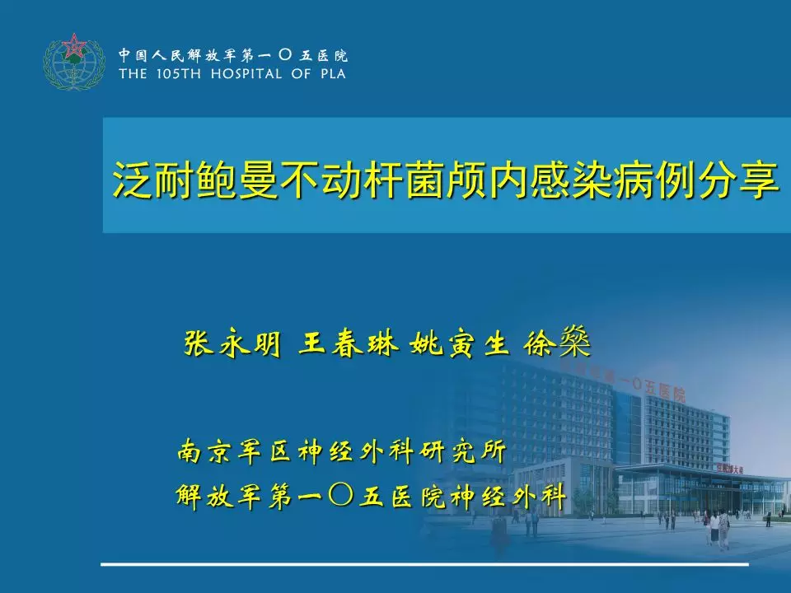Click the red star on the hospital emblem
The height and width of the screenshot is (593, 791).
(74, 46)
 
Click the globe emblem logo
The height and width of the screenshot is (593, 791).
(74, 62)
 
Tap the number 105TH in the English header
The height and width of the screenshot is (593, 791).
(179, 74)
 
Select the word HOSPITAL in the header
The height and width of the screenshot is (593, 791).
(246, 74)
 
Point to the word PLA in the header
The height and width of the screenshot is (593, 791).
(333, 74)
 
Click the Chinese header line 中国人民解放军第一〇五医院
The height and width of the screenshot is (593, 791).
(233, 55)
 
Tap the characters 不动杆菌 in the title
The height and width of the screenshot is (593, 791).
(363, 180)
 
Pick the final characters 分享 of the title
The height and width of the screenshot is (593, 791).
(738, 180)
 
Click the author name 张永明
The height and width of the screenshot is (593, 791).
(232, 344)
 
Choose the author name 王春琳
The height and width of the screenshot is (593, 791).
(348, 344)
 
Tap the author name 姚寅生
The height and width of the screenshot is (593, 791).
(459, 344)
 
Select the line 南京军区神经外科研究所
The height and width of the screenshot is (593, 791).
(341, 451)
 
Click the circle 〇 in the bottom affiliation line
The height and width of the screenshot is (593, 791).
(340, 495)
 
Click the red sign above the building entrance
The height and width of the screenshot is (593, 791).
(730, 469)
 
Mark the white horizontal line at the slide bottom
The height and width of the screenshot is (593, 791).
(425, 563)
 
